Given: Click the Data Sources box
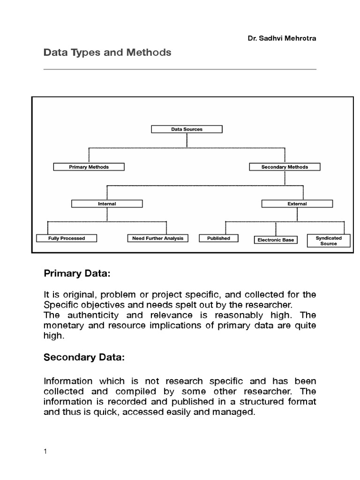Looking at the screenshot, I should point(187,129).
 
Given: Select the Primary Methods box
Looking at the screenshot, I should point(89,167).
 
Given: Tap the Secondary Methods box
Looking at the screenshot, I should point(285,167).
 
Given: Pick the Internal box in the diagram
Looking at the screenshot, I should point(107,204).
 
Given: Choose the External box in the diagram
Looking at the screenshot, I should point(297,204).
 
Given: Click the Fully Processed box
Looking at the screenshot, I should point(67,238).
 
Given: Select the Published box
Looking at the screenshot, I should point(218,238).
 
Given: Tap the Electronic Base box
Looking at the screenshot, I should point(276,240).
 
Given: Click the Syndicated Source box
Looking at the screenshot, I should point(329,241).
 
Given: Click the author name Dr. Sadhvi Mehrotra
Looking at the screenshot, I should point(282,38).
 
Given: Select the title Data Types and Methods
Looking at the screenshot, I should point(107,52).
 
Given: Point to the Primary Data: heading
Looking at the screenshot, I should point(76,273).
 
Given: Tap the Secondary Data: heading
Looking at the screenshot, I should point(84,358).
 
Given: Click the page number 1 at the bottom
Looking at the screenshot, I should point(45,452).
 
